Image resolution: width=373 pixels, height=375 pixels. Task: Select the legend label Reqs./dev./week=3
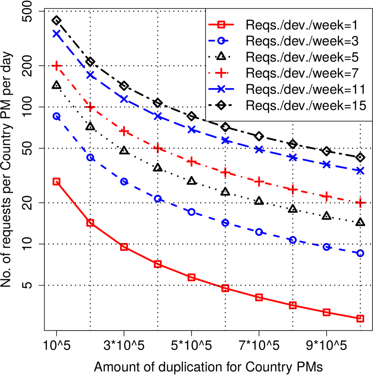[x=302, y=41]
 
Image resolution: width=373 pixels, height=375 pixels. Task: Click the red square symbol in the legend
[x=221, y=25]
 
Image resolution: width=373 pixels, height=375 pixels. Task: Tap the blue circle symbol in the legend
[x=221, y=41]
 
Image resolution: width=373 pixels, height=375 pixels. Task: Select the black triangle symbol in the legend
[x=221, y=57]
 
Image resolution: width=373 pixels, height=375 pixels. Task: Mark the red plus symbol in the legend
[x=221, y=73]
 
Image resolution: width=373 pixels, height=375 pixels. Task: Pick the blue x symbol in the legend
[x=221, y=89]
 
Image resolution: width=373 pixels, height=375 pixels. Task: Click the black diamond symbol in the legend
[x=221, y=106]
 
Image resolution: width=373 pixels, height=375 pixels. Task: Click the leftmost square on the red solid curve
[x=56, y=181]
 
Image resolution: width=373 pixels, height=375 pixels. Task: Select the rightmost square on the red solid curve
[x=360, y=318]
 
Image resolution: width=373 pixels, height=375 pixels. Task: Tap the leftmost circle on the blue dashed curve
[x=57, y=116]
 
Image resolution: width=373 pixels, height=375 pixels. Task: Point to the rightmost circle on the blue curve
[x=360, y=253]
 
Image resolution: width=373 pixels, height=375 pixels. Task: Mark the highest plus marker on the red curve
[x=56, y=66]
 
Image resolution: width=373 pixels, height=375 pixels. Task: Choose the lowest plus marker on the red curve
[x=360, y=203]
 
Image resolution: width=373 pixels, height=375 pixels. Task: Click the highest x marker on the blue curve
[x=56, y=33]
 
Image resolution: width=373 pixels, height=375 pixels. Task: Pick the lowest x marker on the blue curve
[x=360, y=170]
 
